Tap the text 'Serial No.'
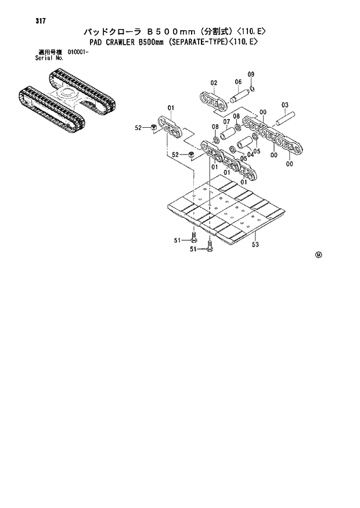48,57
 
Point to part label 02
213,83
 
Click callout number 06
238,82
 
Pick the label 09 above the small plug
251,74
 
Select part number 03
285,105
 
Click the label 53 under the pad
255,244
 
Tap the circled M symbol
318,255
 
